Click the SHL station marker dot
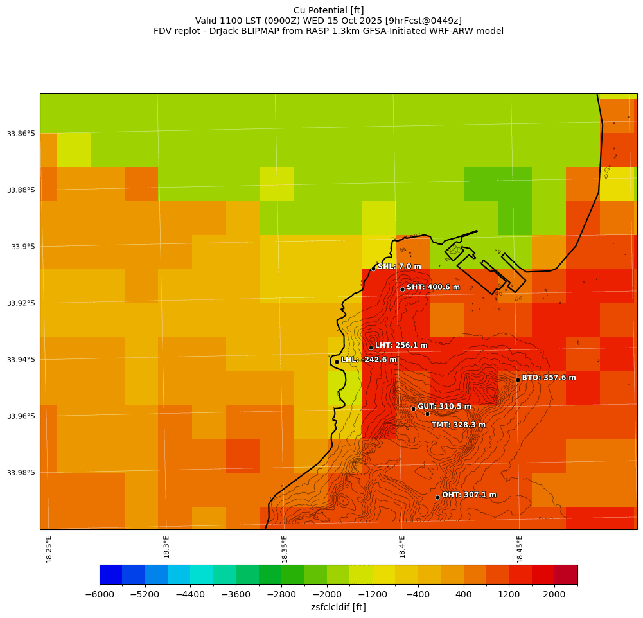[373, 269]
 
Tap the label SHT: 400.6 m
[433, 287]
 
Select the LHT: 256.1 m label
[401, 346]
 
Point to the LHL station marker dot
[337, 362]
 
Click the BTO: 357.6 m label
[549, 378]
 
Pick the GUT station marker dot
[413, 409]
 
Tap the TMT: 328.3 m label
[458, 425]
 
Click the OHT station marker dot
[437, 497]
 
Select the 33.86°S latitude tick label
[21, 134]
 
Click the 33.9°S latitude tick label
[23, 247]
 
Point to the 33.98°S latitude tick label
[21, 473]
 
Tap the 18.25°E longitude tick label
[49, 549]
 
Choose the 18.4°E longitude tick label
[402, 549]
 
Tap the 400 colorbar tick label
[463, 595]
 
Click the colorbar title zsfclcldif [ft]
[338, 607]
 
